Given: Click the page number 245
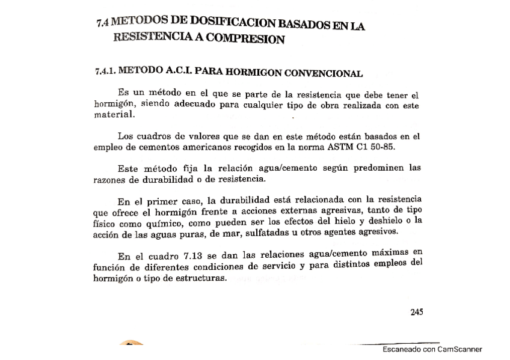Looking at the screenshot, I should pyautogui.click(x=416, y=311).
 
